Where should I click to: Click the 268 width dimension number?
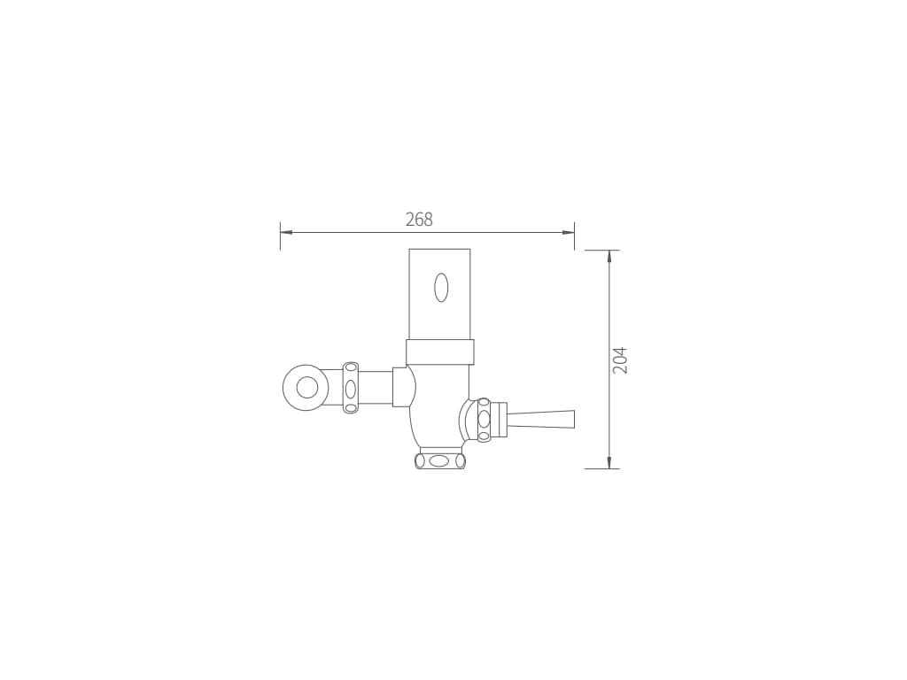[x=419, y=220]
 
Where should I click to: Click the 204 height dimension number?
[x=620, y=360]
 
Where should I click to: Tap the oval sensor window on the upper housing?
[x=441, y=288]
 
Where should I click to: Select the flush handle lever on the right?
[x=540, y=419]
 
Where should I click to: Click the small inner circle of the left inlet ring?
[x=307, y=388]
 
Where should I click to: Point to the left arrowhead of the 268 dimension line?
[x=286, y=233]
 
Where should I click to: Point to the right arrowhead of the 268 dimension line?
[x=568, y=233]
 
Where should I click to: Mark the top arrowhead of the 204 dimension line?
[x=609, y=257]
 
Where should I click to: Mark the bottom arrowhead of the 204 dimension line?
[x=609, y=462]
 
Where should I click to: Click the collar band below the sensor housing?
[x=440, y=352]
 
